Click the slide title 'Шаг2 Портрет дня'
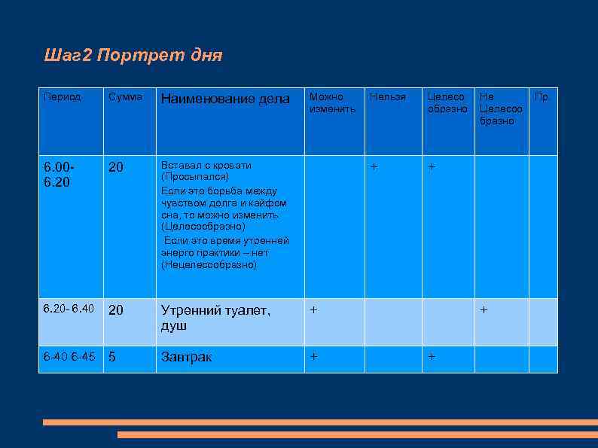[133, 56]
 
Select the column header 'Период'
[63, 97]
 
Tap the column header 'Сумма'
[124, 97]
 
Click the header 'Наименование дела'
[225, 99]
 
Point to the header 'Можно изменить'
[332, 103]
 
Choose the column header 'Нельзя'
[387, 97]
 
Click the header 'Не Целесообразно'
[500, 108]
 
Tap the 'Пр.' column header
[542, 97]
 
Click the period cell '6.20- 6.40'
[69, 309]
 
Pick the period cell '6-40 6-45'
[69, 356]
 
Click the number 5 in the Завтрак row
[113, 357]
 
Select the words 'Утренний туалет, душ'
[215, 318]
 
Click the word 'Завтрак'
[186, 357]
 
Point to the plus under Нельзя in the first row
[373, 165]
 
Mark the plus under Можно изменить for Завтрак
[313, 355]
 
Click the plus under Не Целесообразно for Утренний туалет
[484, 309]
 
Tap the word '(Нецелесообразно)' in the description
[209, 265]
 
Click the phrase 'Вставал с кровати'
[206, 165]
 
